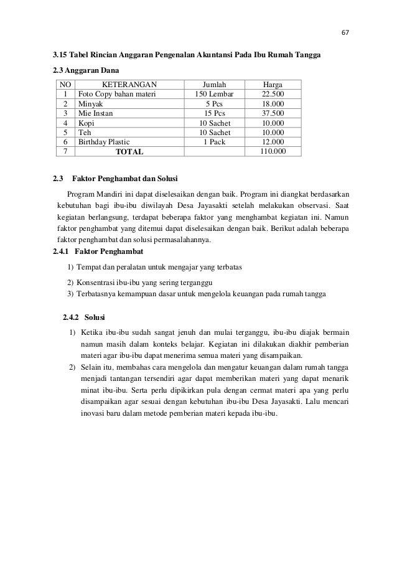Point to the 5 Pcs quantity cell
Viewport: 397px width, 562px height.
click(x=215, y=104)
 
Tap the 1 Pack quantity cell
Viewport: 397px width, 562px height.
click(x=215, y=142)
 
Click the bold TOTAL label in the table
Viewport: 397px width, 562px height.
click(x=130, y=151)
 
